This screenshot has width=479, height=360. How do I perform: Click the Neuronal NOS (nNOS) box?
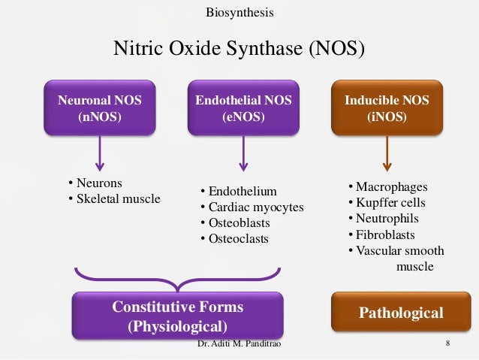[100, 109]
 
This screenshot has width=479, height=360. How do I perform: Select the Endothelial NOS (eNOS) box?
[243, 109]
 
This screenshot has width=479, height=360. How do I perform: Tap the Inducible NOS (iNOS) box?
[387, 109]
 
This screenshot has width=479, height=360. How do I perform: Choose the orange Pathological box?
[400, 313]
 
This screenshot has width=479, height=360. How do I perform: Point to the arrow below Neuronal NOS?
[100, 155]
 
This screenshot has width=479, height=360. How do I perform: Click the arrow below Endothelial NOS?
[243, 155]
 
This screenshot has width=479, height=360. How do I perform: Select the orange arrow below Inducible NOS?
[387, 155]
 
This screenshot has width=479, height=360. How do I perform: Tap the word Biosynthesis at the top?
[239, 13]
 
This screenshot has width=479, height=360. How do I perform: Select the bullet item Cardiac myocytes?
[255, 207]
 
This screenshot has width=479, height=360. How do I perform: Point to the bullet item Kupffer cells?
[389, 203]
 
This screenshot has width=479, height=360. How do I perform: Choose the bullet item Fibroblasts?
[385, 235]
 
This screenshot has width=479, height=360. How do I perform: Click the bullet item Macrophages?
[390, 186]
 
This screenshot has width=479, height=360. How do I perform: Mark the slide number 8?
[447, 344]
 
